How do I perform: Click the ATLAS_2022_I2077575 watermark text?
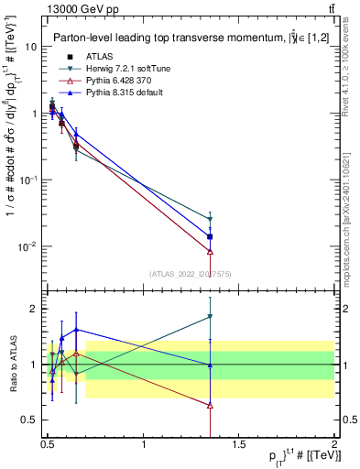coord(191,274)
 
